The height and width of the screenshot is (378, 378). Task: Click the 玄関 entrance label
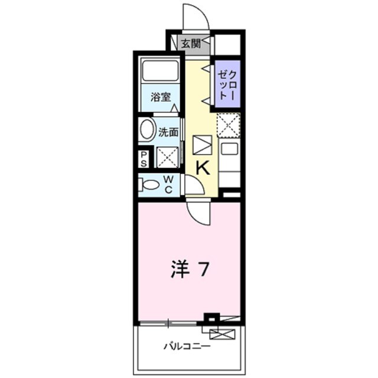[190, 43]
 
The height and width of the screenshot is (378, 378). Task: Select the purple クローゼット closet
[227, 84]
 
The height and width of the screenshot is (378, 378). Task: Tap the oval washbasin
[148, 130]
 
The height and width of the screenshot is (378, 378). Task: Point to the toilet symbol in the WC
[149, 184]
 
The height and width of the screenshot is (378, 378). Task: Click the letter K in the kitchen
[202, 168]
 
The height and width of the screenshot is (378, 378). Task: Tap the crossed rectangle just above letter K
[202, 145]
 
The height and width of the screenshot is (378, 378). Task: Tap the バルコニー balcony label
[187, 346]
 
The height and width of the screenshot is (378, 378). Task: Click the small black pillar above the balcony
[211, 317]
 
